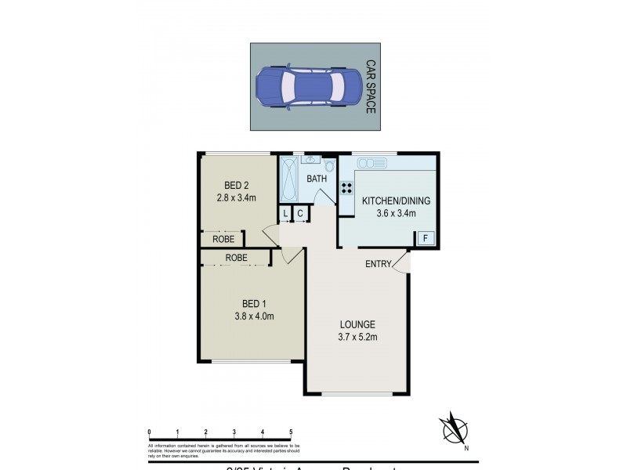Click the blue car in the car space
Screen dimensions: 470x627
[308, 85]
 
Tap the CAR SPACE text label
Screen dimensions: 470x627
[371, 86]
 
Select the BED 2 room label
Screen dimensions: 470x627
[236, 186]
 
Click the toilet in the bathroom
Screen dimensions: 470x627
[328, 167]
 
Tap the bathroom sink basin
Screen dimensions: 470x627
[310, 161]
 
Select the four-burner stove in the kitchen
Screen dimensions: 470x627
[346, 189]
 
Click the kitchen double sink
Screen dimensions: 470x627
[371, 163]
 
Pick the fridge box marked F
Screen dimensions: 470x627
[426, 237]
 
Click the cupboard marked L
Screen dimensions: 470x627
[286, 214]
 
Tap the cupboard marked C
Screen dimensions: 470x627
[300, 214]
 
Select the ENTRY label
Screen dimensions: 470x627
[378, 264]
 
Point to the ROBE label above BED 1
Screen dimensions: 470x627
[237, 257]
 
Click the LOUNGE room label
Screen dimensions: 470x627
[357, 324]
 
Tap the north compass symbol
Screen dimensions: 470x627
[453, 430]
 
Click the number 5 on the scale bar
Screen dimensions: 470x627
[291, 432]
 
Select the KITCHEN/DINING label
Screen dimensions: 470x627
[396, 200]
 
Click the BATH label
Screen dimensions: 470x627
[317, 179]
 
